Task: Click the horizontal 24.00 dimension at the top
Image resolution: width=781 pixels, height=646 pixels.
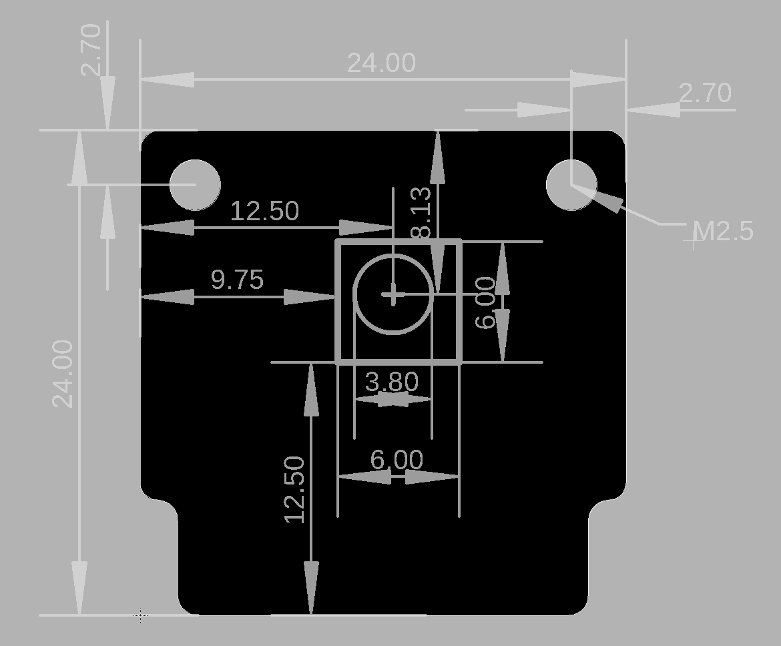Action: [381, 63]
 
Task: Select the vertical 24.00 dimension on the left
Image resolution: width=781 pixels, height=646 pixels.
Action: [63, 374]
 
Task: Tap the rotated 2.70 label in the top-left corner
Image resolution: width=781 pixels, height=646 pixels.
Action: [91, 50]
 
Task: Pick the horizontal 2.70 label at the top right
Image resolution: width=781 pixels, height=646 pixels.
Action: [705, 93]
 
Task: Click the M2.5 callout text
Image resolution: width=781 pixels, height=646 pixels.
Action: [724, 232]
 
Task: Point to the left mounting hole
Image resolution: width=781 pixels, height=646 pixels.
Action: [195, 184]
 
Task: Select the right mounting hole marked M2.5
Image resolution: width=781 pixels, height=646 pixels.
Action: [571, 184]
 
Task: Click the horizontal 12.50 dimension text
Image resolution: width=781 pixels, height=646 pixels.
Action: [264, 211]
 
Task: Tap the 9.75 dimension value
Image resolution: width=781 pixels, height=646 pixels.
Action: [237, 280]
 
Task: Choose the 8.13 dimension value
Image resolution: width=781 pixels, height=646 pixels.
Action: [422, 212]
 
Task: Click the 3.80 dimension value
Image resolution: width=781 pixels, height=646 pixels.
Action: [392, 382]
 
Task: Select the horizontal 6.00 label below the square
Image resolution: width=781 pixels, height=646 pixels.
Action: [397, 460]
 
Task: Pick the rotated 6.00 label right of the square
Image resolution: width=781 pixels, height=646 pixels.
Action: [486, 302]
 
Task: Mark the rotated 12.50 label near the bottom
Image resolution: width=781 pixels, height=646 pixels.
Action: [294, 489]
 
